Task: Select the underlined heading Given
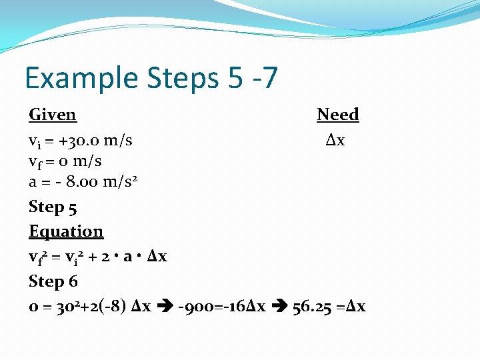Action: click(52, 115)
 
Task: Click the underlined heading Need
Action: click(337, 115)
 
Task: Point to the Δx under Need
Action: click(335, 141)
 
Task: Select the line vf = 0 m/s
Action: click(65, 161)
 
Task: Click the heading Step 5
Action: click(53, 207)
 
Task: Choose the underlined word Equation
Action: click(66, 231)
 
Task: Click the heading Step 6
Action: click(53, 281)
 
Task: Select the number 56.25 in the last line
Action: click(313, 307)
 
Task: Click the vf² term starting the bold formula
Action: click(37, 257)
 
